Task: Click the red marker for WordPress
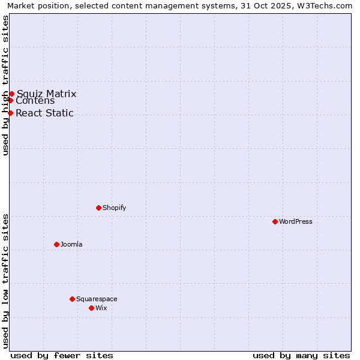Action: click(275, 221)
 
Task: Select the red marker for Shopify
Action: click(98, 208)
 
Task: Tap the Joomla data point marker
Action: click(56, 244)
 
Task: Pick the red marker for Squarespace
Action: click(72, 299)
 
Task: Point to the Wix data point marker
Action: click(91, 308)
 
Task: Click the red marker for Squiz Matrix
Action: click(11, 94)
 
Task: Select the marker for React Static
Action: click(10, 113)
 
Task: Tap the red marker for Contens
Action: click(10, 100)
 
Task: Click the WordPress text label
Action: click(295, 221)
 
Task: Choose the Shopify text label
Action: click(114, 208)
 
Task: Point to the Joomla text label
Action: click(71, 244)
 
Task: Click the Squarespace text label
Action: click(97, 299)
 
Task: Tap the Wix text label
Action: click(101, 308)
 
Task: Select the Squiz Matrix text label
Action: click(46, 94)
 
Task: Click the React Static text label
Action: click(44, 113)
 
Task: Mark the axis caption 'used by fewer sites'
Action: click(62, 355)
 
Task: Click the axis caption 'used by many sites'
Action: click(301, 355)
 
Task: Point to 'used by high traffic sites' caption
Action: click(5, 85)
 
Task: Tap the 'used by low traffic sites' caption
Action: click(5, 281)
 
